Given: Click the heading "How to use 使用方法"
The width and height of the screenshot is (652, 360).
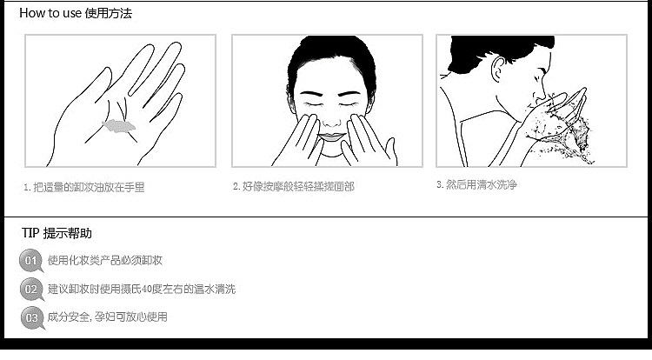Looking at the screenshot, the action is [x=76, y=13].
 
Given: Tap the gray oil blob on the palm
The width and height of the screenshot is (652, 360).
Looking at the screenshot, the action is [x=119, y=125].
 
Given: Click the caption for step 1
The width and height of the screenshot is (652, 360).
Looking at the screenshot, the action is [x=84, y=188].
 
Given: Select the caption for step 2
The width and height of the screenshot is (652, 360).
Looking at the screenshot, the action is [x=294, y=187].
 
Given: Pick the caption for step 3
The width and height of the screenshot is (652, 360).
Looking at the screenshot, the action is [x=476, y=184].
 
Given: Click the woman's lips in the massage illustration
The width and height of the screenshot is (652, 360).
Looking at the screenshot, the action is [x=331, y=137].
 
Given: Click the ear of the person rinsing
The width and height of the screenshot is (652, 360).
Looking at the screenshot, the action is [x=498, y=70].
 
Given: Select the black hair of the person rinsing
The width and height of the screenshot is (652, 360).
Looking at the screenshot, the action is [x=499, y=50].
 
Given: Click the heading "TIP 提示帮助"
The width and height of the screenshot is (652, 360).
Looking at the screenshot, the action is [x=57, y=233].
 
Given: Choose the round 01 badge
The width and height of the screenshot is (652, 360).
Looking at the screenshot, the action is [x=30, y=260].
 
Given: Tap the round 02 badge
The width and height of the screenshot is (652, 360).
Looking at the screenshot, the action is [x=31, y=289].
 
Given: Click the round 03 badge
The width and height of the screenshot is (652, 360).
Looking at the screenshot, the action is [x=32, y=317].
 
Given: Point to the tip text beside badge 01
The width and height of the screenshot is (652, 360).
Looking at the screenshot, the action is [x=105, y=260].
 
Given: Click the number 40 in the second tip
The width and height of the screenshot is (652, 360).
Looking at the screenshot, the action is [x=146, y=289].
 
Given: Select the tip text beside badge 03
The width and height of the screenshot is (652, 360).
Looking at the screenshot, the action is [x=107, y=317].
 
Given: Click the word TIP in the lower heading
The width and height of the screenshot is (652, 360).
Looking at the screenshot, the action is [x=30, y=233].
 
